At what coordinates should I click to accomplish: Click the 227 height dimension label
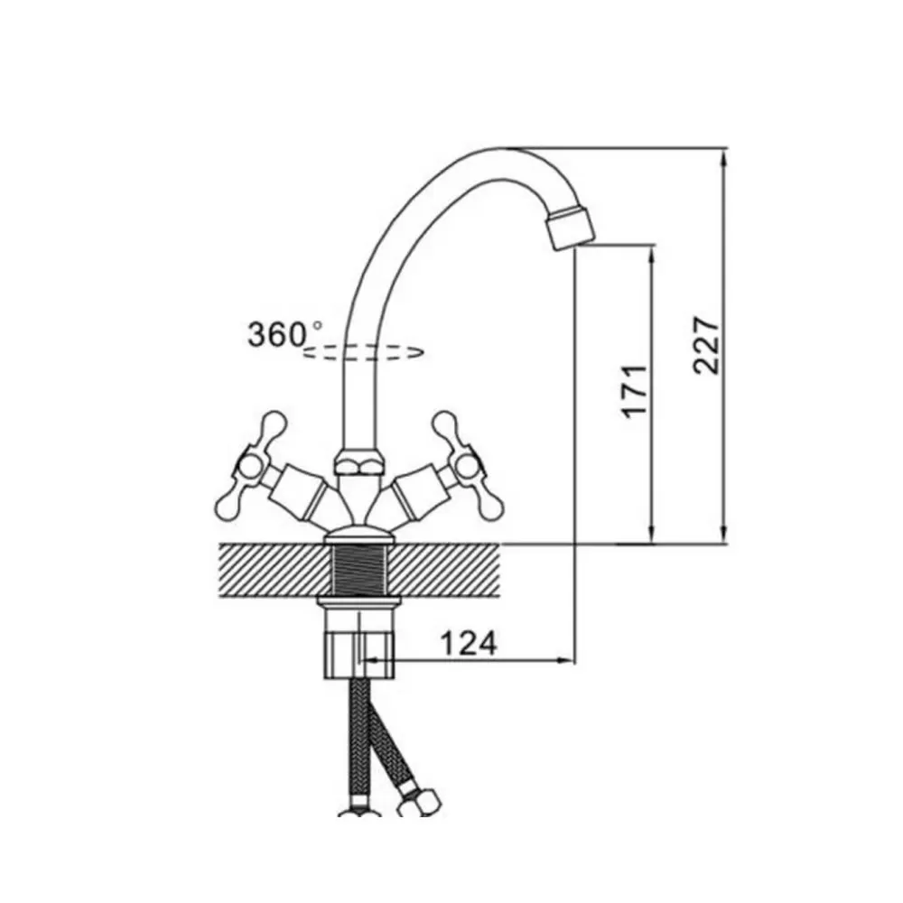707,346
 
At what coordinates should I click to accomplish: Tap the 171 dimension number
634,390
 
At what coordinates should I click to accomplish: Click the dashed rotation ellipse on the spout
364,352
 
